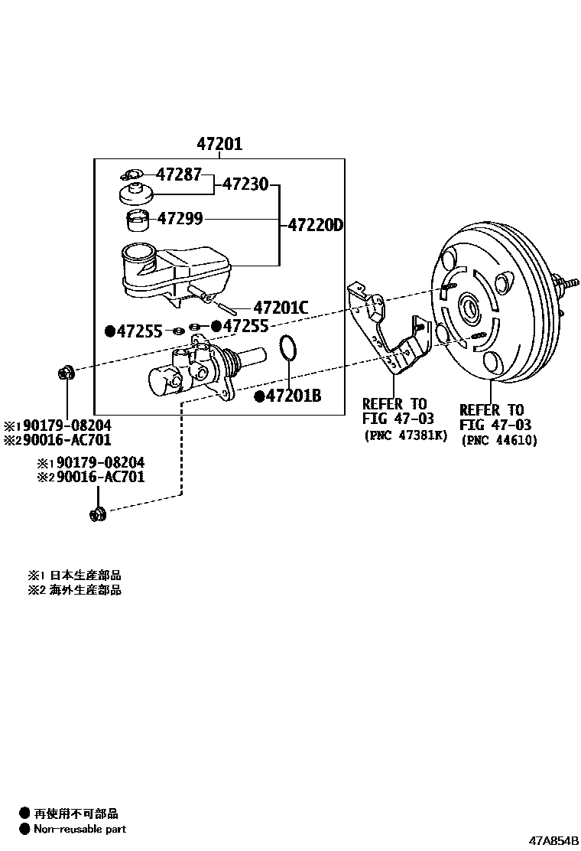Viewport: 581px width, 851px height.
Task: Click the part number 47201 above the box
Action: click(x=219, y=143)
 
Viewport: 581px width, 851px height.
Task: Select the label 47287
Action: click(x=179, y=174)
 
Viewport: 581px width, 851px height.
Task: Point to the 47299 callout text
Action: click(x=180, y=220)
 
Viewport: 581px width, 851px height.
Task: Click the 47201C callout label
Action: click(x=281, y=308)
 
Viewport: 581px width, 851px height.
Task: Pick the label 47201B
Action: click(x=293, y=396)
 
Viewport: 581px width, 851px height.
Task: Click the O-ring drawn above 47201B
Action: click(x=288, y=348)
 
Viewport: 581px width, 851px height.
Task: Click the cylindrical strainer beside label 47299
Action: click(x=138, y=220)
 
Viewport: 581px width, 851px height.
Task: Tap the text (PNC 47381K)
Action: click(x=404, y=436)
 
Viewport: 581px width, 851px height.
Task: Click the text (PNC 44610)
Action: click(x=498, y=440)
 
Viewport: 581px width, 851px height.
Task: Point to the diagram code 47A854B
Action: click(x=554, y=841)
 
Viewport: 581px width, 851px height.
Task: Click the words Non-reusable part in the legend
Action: click(x=80, y=829)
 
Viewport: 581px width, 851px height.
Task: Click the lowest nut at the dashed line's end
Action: click(x=97, y=514)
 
